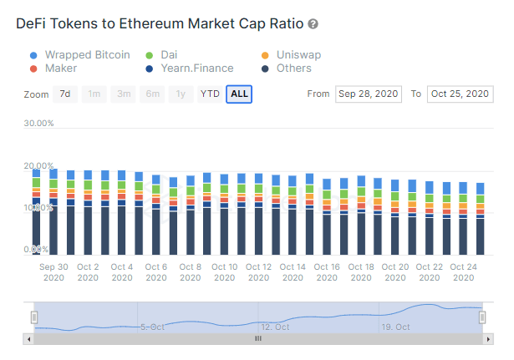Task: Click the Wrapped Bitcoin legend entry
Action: [x=87, y=55]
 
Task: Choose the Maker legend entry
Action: [x=61, y=68]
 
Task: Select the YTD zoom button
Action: [x=210, y=94]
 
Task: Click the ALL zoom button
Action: [x=239, y=94]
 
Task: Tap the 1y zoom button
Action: [x=181, y=94]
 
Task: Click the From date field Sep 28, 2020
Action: [x=369, y=94]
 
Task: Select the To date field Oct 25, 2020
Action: [x=460, y=94]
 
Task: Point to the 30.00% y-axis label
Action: [x=38, y=124]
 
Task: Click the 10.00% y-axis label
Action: [x=38, y=207]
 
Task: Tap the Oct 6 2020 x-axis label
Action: [x=156, y=272]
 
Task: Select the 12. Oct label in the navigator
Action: [x=275, y=327]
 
